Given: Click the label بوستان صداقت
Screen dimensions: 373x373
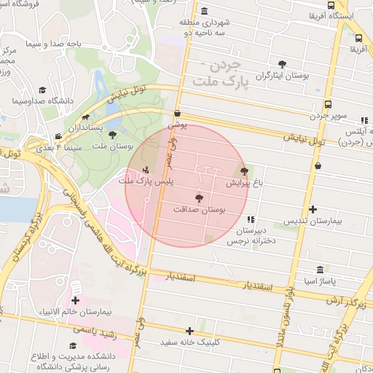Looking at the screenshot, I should pos(200,209).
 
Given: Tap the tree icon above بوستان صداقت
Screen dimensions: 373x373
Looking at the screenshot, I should pos(200,197).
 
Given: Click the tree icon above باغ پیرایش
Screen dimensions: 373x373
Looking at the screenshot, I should pos(243,173).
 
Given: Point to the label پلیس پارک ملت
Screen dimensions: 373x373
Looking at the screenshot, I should pos(146,181).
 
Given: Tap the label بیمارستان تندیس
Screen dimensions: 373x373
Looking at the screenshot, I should pos(313,220).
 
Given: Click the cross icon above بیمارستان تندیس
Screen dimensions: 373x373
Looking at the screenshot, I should pos(313,209).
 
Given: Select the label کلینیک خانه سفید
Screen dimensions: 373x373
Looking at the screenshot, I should pos(190,342).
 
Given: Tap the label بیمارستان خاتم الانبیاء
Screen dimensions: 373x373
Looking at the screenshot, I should pos(76,312).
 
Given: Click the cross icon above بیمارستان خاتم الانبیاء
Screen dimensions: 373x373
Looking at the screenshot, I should pos(75,300).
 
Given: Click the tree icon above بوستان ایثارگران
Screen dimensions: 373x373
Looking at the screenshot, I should pos(282,64).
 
